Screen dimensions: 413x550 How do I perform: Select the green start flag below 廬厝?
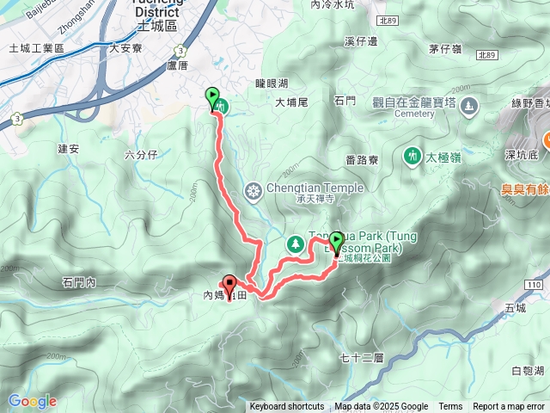point(212,97)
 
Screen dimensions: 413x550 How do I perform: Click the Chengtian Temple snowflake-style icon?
point(254,189)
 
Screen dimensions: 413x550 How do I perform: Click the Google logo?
point(32,401)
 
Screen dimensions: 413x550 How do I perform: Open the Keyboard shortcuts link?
point(287,407)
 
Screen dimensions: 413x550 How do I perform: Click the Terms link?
point(450,407)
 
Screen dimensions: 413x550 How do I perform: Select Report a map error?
point(510,407)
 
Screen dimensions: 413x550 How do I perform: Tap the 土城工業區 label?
point(34,48)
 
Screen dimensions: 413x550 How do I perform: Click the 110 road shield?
point(535,284)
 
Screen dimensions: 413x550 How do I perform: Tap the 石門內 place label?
point(78,281)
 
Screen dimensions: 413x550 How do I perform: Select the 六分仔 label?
point(140,155)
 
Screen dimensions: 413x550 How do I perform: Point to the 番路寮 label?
point(362,159)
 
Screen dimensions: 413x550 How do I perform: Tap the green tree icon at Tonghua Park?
point(295,243)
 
